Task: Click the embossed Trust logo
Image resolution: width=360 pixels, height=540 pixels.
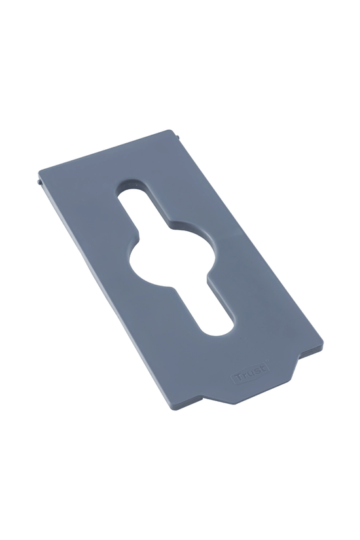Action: pos(250,373)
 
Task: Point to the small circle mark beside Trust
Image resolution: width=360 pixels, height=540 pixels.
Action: pos(268,363)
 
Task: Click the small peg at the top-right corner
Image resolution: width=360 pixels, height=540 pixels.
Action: pos(180,136)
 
